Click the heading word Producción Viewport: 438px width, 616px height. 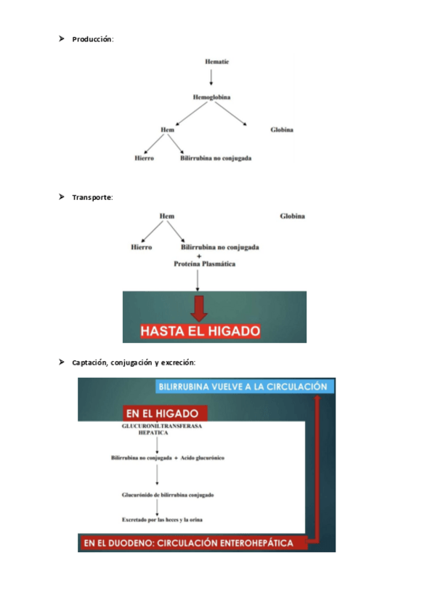coord(92,38)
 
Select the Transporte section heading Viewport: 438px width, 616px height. coord(92,197)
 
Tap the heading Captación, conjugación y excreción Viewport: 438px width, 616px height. coord(134,362)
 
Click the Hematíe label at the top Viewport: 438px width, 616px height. coord(217,62)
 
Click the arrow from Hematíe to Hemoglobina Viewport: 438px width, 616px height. coord(211,78)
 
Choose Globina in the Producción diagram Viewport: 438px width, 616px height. coord(282,129)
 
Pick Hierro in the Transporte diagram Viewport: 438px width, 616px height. coord(141,247)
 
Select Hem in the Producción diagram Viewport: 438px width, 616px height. coord(167,129)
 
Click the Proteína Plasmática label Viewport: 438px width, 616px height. coord(205,264)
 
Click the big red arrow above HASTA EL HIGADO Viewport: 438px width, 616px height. coord(198,307)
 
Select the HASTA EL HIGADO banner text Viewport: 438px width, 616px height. coord(200,331)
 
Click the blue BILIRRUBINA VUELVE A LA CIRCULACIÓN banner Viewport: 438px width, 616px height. coord(243,386)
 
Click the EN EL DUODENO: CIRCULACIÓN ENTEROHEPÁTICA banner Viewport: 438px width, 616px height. coord(189,543)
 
